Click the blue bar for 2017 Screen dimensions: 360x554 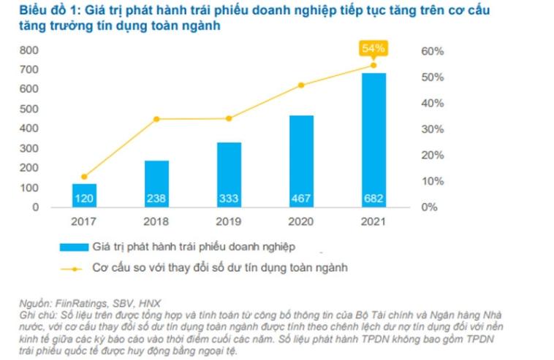(84, 195)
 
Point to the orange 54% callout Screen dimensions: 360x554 (373, 49)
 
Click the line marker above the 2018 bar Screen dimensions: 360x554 (156, 119)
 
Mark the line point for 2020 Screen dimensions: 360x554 (300, 85)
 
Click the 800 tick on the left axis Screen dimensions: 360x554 (29, 50)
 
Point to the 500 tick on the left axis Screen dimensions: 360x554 (29, 109)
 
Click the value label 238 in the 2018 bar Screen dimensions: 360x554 (156, 198)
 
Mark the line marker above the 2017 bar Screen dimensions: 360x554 (84, 177)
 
